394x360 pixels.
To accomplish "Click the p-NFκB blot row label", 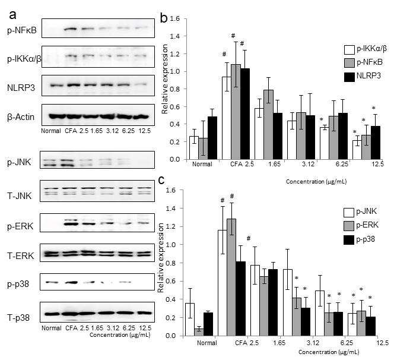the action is tap(22, 30).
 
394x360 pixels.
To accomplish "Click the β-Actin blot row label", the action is tap(21, 117).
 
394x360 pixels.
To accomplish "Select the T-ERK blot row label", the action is tap(20, 255).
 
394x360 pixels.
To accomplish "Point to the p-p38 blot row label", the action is tap(18, 285).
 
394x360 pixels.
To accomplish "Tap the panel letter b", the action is tap(164, 18).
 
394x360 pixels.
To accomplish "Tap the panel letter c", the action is tap(162, 179).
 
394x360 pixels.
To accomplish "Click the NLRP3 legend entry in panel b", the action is tap(363, 75).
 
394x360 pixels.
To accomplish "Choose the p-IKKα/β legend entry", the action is tap(366, 49).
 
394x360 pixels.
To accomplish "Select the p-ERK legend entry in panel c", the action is tap(361, 225).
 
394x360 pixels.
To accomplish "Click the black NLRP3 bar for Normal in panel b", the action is tap(212, 138).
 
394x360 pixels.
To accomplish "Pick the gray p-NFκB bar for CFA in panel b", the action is tap(236, 112).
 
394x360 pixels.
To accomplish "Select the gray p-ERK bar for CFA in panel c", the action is tap(231, 277).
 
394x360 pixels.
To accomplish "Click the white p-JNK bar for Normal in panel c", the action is tap(190, 320).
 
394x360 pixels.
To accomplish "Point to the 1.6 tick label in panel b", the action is tap(174, 18).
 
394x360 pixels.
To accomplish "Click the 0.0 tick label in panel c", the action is tap(171, 336).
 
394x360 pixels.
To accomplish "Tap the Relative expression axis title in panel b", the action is tap(165, 79).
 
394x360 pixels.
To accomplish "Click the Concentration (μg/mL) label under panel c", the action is tap(329, 352).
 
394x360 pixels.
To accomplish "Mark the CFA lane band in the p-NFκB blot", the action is tap(70, 29).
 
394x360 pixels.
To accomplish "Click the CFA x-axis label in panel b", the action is tap(236, 165).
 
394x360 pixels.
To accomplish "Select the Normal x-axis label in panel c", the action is tap(207, 343).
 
